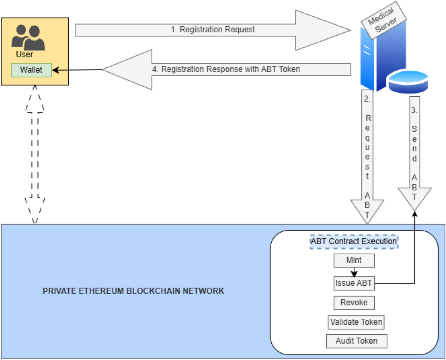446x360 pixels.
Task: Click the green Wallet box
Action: (x=31, y=70)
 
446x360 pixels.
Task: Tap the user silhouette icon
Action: (x=28, y=37)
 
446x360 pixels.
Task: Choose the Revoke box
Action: (x=354, y=303)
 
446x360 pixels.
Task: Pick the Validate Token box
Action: (x=356, y=322)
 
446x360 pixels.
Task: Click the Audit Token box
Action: (x=356, y=341)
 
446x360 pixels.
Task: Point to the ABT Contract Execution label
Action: (x=354, y=241)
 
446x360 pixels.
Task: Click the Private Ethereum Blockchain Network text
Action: (x=133, y=291)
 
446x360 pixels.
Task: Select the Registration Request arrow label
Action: (x=213, y=30)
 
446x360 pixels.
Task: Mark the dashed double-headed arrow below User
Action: (x=35, y=154)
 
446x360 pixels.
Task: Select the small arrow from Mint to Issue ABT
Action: (x=354, y=272)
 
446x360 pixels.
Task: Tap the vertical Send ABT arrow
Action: (x=414, y=152)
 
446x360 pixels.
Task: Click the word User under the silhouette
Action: (x=25, y=55)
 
